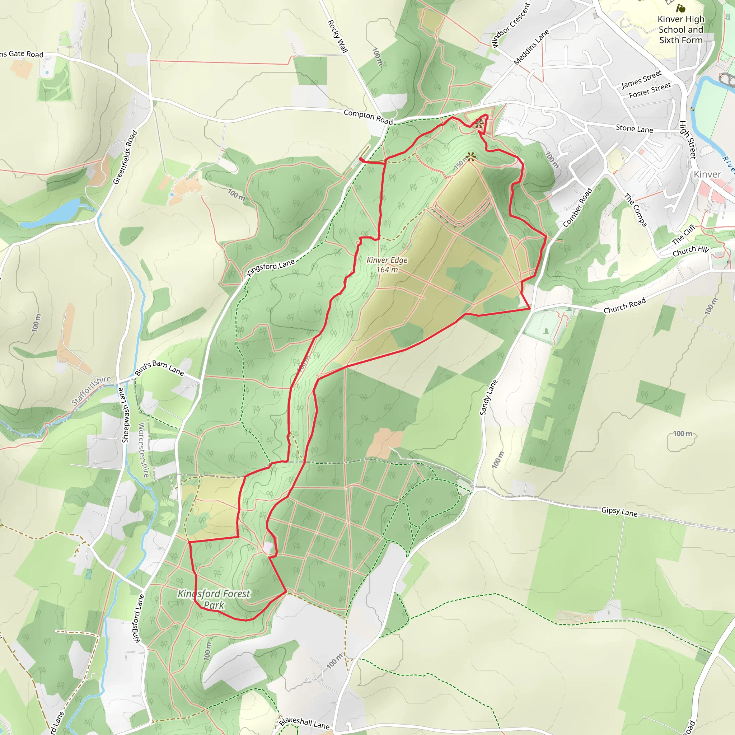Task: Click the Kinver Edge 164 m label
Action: tap(387, 265)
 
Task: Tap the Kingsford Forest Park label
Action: tap(214, 599)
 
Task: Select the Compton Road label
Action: tap(368, 117)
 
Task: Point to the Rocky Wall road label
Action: tap(338, 36)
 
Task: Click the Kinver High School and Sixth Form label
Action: tap(680, 29)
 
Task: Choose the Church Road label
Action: tap(625, 305)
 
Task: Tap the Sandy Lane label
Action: tap(488, 397)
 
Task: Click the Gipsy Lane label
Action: tap(619, 512)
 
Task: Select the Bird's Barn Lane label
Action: tap(159, 367)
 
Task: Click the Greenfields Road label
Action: tap(125, 157)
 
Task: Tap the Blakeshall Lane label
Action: tap(304, 722)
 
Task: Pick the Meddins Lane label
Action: tap(531, 47)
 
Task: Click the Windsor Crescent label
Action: tap(511, 25)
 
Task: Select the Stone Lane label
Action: tap(634, 128)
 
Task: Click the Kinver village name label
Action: tap(707, 174)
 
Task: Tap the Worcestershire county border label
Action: tap(144, 450)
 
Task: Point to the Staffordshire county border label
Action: tap(91, 390)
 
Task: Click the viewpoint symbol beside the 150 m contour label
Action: tap(471, 156)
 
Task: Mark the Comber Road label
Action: tap(577, 208)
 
